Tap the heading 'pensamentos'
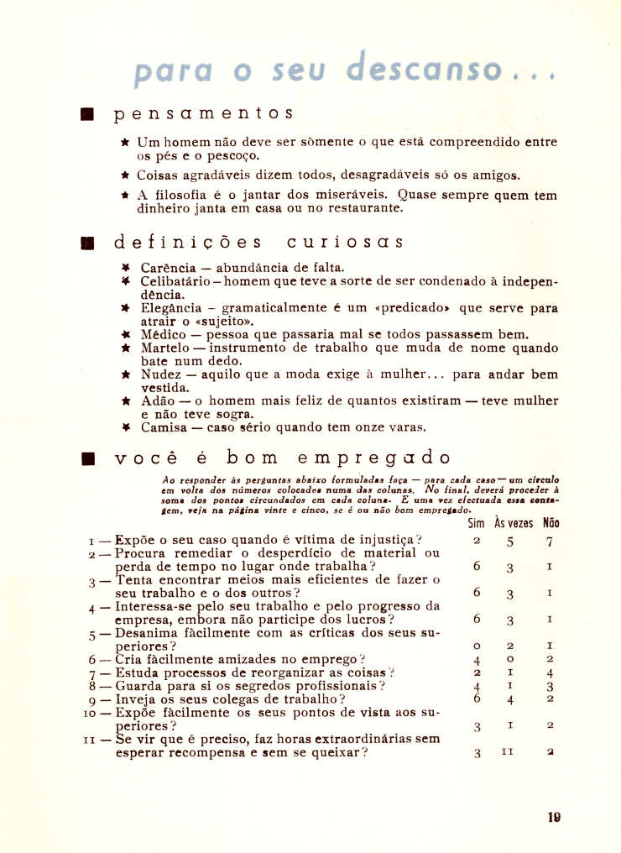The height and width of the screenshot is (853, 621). coord(204,113)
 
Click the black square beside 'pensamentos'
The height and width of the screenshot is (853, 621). coord(86,113)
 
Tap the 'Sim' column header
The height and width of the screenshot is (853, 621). coord(476,522)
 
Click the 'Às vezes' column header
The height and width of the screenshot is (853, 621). coord(513,522)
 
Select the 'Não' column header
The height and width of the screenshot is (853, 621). coord(551,522)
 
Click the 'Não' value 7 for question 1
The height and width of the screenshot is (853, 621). coord(550,542)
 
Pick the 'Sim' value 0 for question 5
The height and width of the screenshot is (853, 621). coord(476,646)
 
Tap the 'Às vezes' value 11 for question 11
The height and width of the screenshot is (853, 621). coord(507,753)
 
